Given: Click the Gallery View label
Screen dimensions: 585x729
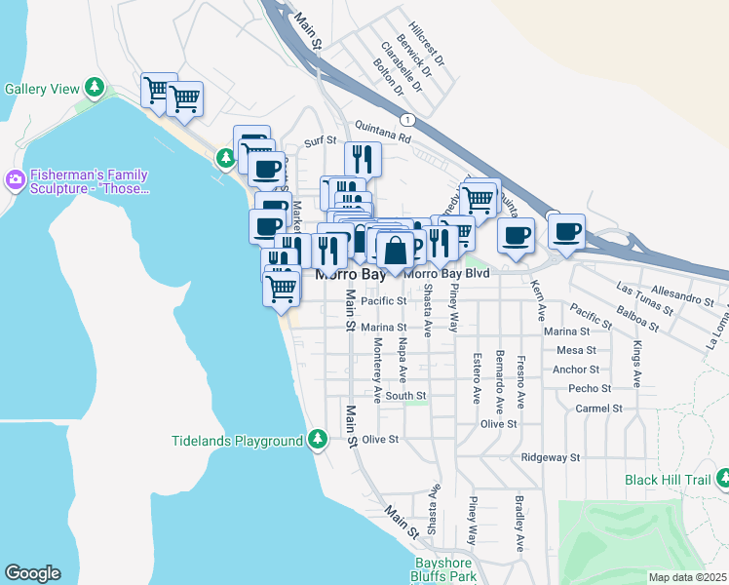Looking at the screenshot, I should pyautogui.click(x=42, y=89).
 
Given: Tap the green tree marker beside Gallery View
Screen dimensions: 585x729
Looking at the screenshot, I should pyautogui.click(x=95, y=89).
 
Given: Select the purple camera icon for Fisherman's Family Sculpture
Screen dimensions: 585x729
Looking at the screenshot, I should pyautogui.click(x=15, y=179).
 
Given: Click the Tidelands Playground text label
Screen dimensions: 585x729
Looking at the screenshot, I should pyautogui.click(x=238, y=441).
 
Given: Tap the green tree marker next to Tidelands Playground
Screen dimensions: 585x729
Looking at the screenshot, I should pyautogui.click(x=318, y=441).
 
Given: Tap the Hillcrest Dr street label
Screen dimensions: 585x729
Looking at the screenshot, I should pyautogui.click(x=427, y=45).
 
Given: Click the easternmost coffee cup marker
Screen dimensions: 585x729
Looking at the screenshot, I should pyautogui.click(x=566, y=231).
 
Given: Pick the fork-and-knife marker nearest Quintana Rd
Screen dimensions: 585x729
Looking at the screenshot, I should pyautogui.click(x=363, y=158).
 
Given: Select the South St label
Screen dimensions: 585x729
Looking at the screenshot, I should pyautogui.click(x=405, y=396).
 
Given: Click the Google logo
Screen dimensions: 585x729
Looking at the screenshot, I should pyautogui.click(x=32, y=573).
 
